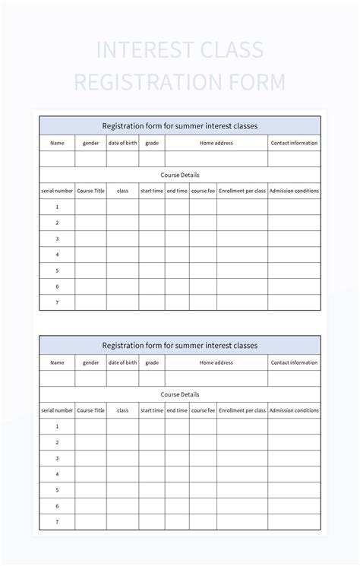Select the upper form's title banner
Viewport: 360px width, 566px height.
(180, 125)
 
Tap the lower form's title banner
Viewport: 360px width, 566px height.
(180, 345)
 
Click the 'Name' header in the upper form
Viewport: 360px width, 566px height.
(57, 143)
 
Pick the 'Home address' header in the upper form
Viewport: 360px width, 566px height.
(216, 143)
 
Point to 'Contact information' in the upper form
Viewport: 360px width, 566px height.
(294, 143)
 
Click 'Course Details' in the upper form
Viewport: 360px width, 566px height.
(180, 175)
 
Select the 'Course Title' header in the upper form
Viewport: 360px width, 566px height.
(90, 191)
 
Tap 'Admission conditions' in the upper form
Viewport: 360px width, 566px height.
(294, 191)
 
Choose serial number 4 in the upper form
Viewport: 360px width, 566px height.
(57, 255)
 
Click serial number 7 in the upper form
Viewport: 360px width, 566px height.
(57, 302)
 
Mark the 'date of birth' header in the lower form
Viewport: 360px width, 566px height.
(122, 362)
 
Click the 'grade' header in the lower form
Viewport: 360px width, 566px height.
(152, 362)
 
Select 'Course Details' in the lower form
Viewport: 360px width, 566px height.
(180, 394)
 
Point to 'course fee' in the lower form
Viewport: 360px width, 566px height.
(203, 410)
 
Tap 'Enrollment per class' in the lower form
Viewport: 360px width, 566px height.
(242, 410)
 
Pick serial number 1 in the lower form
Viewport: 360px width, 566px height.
(57, 426)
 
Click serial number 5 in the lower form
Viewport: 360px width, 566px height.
(57, 490)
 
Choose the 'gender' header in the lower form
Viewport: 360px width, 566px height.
(90, 362)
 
